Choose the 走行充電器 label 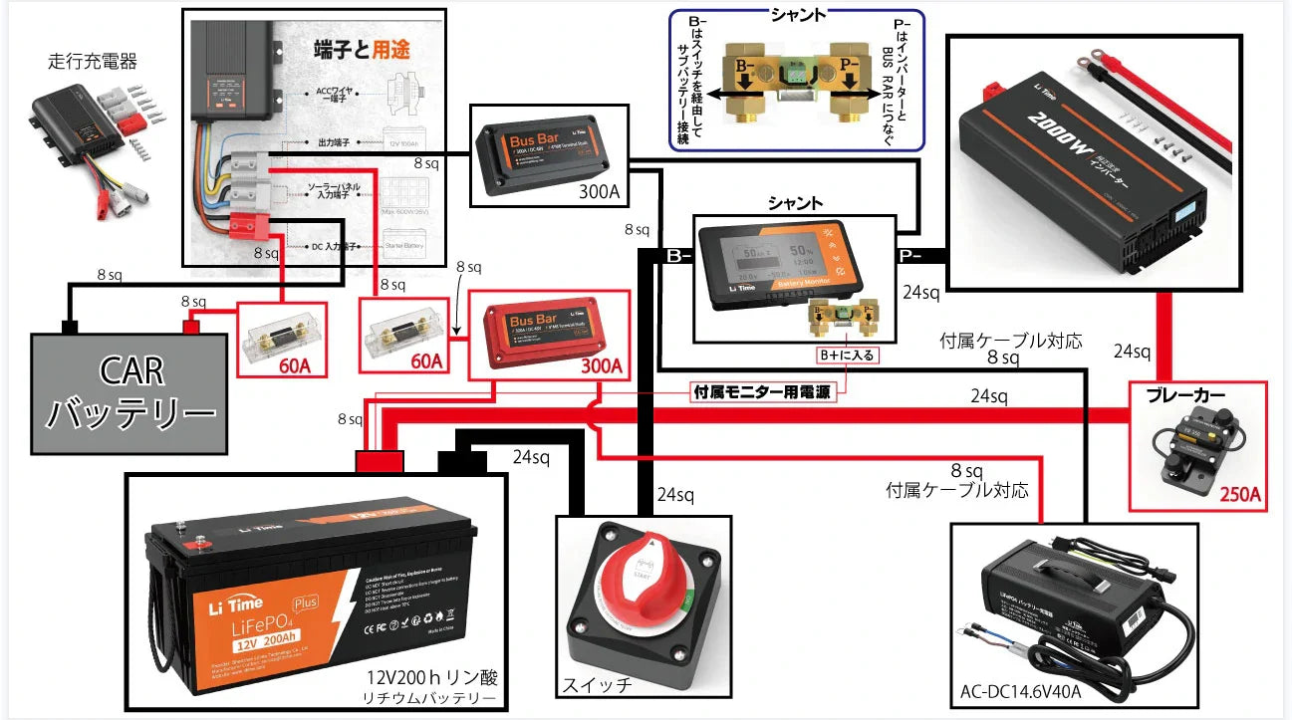tap(92, 62)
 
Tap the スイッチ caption tap(596, 685)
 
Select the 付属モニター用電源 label tap(762, 391)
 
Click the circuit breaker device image tap(1197, 448)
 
